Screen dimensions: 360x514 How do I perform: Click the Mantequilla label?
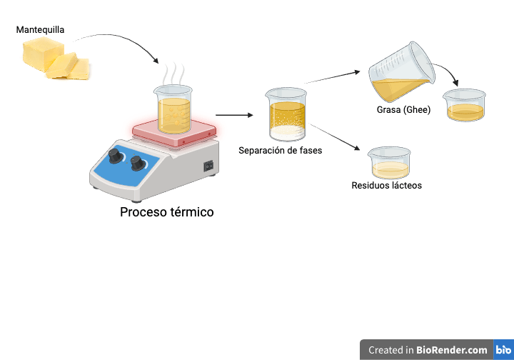click(x=40, y=30)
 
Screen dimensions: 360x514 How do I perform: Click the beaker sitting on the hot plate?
click(x=173, y=111)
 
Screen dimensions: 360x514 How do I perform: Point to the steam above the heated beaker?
click(x=173, y=74)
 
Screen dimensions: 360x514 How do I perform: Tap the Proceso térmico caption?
click(x=166, y=212)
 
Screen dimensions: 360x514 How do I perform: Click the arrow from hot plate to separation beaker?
click(x=234, y=114)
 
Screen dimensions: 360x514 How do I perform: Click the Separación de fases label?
click(x=281, y=150)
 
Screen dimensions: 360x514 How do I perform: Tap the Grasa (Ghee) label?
click(x=403, y=110)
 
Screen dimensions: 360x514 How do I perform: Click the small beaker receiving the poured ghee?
click(x=464, y=106)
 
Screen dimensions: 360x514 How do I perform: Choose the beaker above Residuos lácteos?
click(x=389, y=163)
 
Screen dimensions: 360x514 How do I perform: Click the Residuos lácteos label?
click(x=387, y=186)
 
